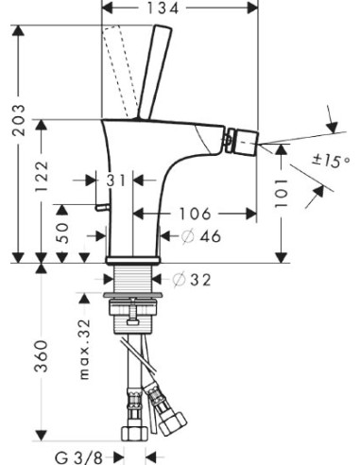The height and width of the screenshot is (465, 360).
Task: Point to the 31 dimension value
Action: (x=115, y=180)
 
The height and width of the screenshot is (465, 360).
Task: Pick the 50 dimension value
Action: (x=62, y=233)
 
